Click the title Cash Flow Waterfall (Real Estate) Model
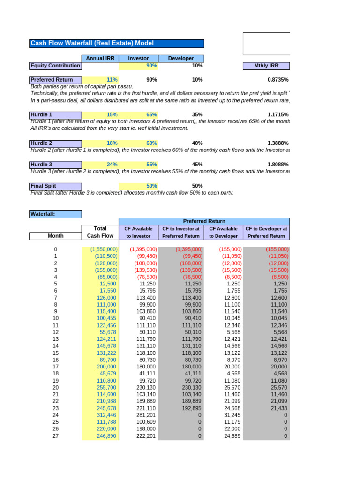coord(92,43)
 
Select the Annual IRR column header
coord(100,58)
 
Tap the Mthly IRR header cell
coord(266,66)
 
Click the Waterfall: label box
coord(55,214)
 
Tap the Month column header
coord(55,236)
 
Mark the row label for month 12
coord(56,332)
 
